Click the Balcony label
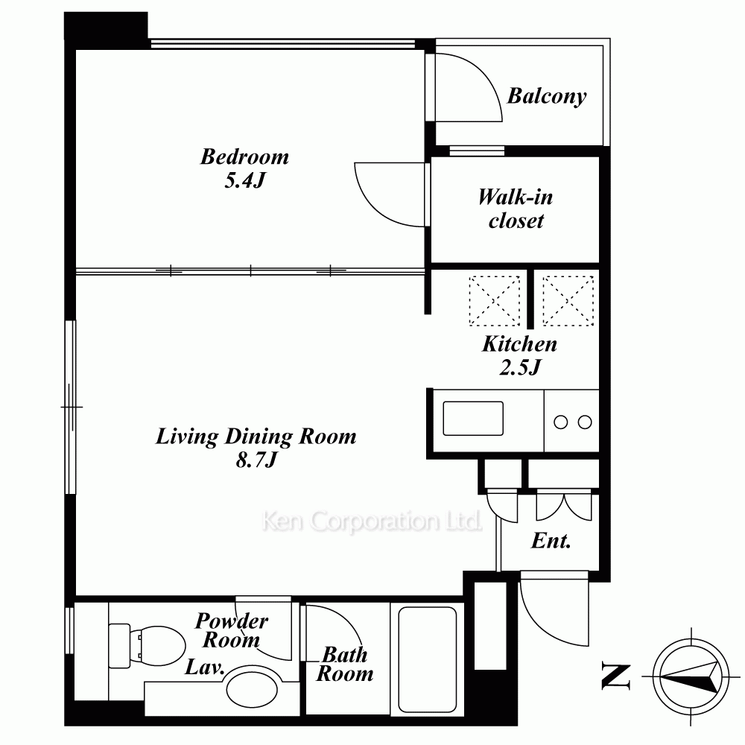coord(547,96)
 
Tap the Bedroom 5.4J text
coord(244,168)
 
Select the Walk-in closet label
coord(516,209)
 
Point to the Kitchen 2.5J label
coord(520,355)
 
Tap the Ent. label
coord(551,541)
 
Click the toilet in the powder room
coord(148,646)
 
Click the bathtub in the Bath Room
coord(427,659)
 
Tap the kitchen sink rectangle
coord(473,419)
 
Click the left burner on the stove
coord(561,422)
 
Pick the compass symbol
coord(691,676)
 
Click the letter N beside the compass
coord(616,676)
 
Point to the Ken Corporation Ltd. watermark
coord(372,521)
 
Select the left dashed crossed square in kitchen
coord(494,301)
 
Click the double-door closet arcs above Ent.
coord(564,507)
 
